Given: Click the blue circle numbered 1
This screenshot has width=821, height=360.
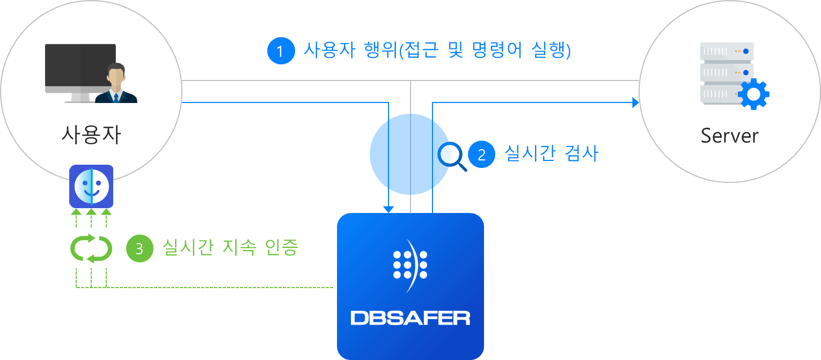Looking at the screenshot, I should point(281,51).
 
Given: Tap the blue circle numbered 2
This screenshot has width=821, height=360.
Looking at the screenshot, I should point(481,155).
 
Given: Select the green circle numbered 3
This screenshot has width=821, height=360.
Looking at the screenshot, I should point(140,249).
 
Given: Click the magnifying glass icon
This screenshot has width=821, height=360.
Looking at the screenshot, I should point(452,156).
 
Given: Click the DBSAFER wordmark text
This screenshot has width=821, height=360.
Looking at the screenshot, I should point(410,318).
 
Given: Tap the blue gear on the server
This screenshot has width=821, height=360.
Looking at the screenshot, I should point(753,94).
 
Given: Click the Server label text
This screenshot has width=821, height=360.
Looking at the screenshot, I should point(729,136).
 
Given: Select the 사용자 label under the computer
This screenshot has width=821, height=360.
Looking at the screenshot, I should point(91,135).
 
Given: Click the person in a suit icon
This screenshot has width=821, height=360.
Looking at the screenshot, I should point(116,84).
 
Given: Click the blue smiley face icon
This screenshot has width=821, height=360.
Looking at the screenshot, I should point(91,186).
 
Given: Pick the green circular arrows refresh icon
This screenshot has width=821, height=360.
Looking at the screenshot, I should point(91,248).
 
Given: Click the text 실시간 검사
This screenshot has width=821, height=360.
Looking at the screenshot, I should point(551,154).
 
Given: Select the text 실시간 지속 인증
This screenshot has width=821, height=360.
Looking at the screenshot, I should point(230,248).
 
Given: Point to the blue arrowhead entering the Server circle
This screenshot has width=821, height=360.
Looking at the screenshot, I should point(636,102).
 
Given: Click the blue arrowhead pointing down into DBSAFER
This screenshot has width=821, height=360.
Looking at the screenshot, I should point(389,209).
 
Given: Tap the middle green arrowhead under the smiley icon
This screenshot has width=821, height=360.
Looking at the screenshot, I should point(92,212).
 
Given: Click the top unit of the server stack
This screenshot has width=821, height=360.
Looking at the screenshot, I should point(727,52).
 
